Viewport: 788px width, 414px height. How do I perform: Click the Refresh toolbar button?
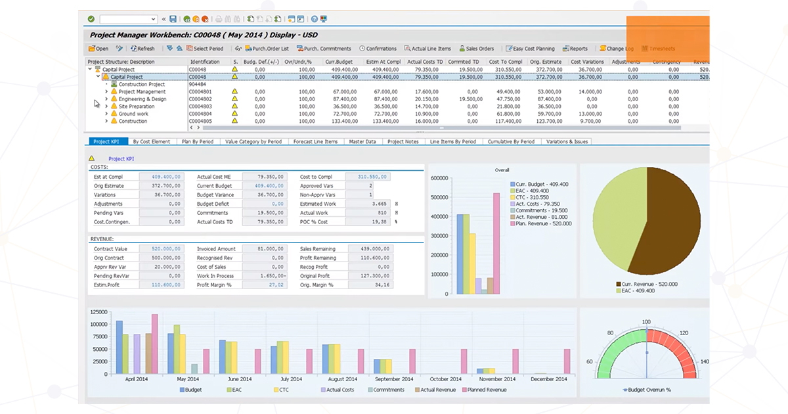tap(142, 49)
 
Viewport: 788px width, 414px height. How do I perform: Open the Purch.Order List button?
tap(266, 49)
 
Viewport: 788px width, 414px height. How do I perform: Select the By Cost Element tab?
tap(151, 141)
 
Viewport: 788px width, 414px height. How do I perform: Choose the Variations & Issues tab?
tap(568, 141)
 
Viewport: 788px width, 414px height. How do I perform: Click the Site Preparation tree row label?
tap(136, 106)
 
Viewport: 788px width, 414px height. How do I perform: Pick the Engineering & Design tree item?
tap(142, 99)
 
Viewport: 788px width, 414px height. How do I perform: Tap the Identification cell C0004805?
tap(200, 121)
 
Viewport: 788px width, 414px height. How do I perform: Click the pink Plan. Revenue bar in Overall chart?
tap(496, 243)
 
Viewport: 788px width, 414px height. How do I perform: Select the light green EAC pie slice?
tap(617, 210)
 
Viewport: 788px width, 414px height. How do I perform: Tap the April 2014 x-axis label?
tap(136, 379)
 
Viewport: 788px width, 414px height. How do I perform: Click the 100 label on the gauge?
tap(646, 322)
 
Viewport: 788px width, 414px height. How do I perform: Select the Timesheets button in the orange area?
tap(658, 49)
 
